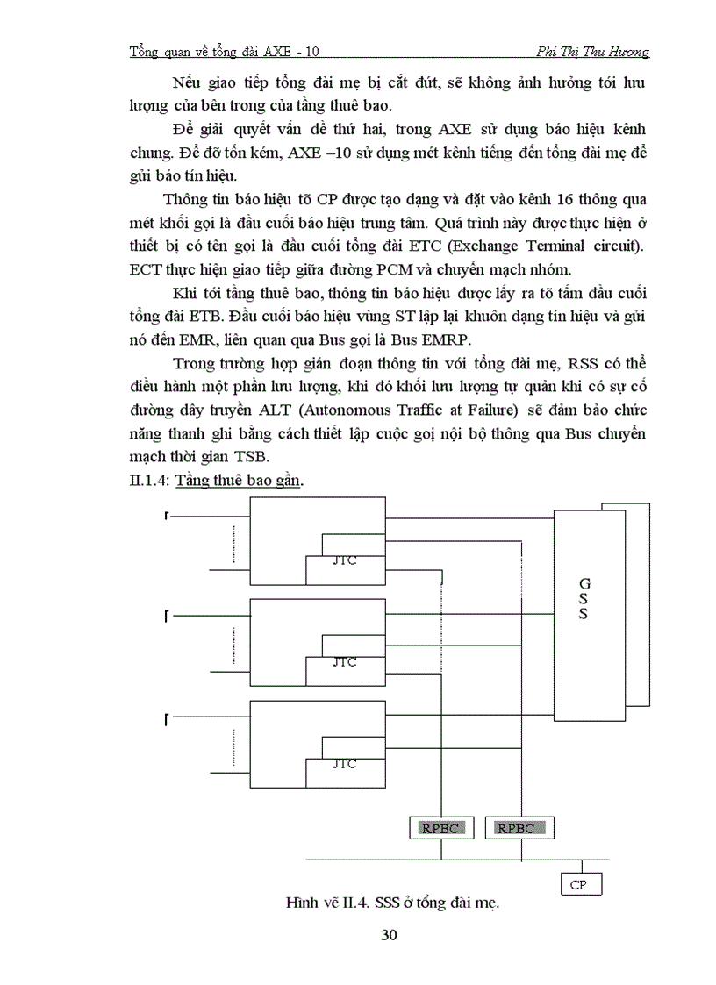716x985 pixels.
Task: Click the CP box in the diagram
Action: point(578,884)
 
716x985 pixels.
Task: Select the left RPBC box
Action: point(440,827)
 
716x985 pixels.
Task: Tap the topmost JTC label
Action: point(345,561)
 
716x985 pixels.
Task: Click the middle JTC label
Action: point(345,662)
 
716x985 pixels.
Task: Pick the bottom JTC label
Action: point(345,763)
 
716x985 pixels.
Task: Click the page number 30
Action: point(390,935)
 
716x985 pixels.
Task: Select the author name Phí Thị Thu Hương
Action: point(596,53)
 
